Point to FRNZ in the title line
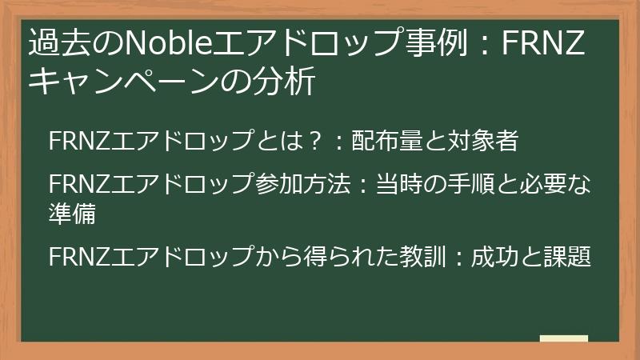[x=545, y=42]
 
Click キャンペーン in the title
[x=129, y=82]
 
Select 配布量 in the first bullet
[x=382, y=142]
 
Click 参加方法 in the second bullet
[x=306, y=184]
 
